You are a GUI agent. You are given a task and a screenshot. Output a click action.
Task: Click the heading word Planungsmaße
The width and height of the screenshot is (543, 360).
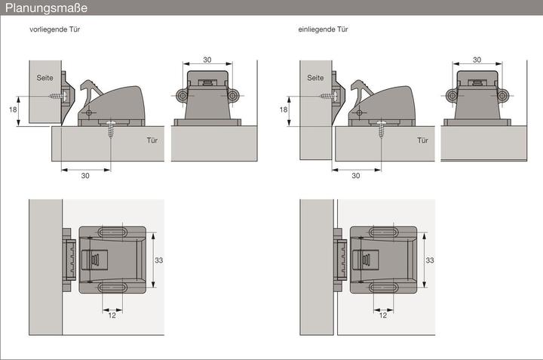point(47,8)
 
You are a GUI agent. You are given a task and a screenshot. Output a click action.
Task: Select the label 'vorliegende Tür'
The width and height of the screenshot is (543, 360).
point(55,29)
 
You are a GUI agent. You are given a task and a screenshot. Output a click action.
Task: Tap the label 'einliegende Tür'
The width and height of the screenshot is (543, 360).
point(323,29)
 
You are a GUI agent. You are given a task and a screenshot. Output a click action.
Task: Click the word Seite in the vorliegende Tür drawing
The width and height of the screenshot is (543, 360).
point(45,78)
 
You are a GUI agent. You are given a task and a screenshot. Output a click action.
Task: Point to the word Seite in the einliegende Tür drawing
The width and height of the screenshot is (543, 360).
point(315,78)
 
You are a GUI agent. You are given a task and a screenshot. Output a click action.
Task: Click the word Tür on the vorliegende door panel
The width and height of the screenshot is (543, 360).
point(152,140)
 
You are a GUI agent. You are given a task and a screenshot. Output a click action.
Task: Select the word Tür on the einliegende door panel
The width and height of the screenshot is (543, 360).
point(422,140)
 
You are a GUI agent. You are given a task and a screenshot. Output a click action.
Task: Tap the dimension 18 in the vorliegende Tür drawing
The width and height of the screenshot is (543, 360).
point(13,109)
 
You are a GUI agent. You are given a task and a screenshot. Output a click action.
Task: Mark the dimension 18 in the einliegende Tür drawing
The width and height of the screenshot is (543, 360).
point(284,109)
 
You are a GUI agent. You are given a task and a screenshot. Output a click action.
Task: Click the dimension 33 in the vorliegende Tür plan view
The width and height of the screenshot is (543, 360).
point(158,260)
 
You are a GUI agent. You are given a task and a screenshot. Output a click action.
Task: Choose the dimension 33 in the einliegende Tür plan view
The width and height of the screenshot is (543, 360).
point(429,260)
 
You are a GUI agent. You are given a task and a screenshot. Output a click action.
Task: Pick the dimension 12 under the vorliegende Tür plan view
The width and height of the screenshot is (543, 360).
point(112,315)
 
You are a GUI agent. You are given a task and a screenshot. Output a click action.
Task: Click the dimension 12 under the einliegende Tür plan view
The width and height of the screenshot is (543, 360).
point(382,315)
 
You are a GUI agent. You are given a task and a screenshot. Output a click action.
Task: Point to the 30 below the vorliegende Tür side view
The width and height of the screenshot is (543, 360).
point(85,176)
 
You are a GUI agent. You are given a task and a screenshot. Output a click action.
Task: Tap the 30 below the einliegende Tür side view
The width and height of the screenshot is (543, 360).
point(356,176)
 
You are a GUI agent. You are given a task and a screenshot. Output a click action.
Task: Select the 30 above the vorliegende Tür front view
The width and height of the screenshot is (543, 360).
point(207,60)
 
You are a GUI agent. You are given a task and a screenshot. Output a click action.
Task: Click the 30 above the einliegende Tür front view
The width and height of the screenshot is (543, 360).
point(477,60)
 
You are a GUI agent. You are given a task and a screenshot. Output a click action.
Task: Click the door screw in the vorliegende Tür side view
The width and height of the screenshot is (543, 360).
point(111,129)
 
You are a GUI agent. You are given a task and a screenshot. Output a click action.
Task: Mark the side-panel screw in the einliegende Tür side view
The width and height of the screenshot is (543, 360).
point(329,95)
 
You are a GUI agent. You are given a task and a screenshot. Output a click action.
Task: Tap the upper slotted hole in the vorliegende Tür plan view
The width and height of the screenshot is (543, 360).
point(112,232)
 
